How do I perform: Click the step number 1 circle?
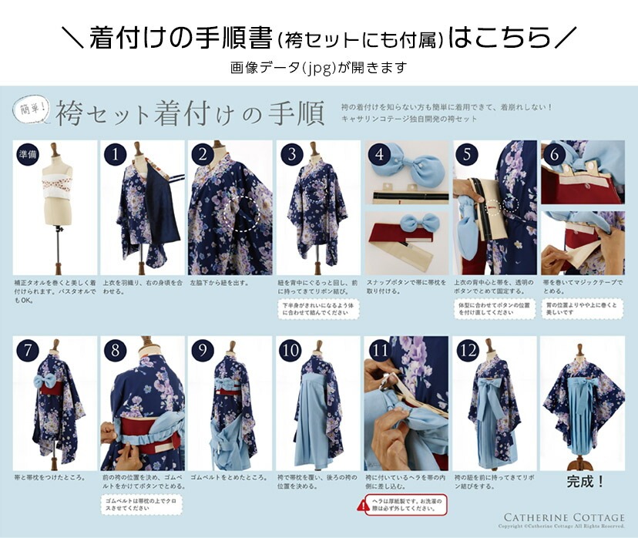[x=115, y=155]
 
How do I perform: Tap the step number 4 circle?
[x=378, y=155]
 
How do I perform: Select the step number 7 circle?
[x=27, y=351]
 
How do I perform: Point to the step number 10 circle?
[x=291, y=351]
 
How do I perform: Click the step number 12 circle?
[x=467, y=351]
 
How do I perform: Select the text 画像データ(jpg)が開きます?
[x=318, y=68]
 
